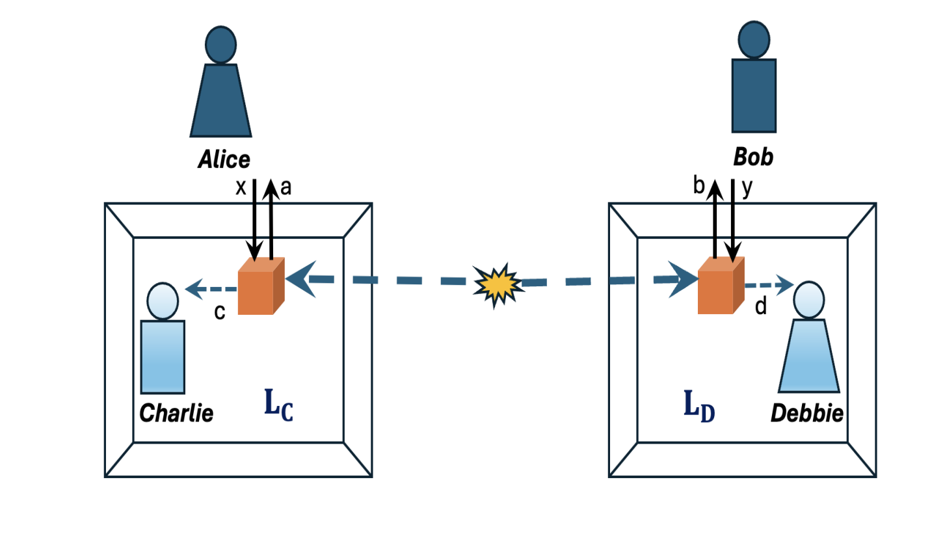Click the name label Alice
point(223,160)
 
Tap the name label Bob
point(753,157)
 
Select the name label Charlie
point(176,412)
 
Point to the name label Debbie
point(807,412)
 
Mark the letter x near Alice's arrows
point(241,188)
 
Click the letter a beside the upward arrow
point(285,187)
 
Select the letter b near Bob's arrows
point(699,187)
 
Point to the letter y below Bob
point(747,189)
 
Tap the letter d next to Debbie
point(760,306)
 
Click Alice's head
point(220,44)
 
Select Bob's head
point(754,40)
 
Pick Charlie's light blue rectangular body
point(163,356)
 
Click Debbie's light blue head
point(808,298)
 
